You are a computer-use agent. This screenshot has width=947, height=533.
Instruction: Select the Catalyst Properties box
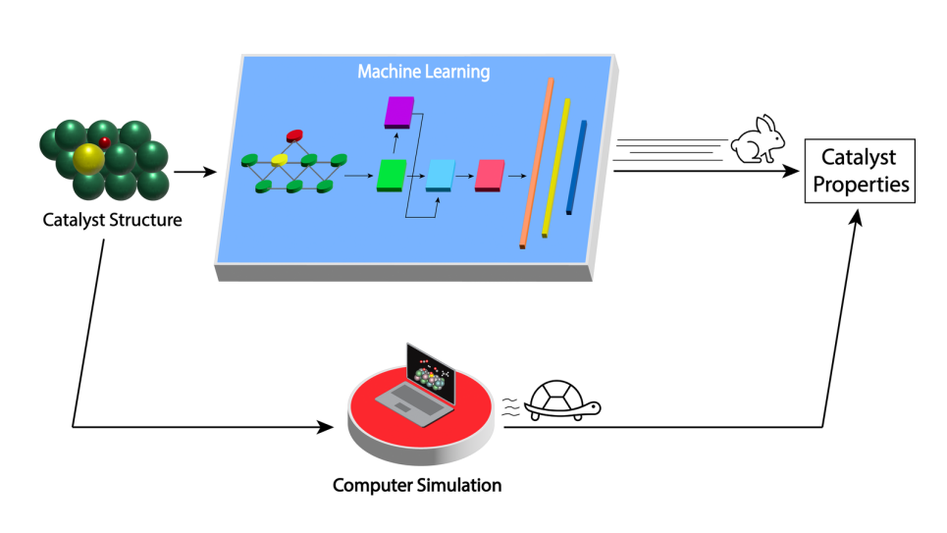859,171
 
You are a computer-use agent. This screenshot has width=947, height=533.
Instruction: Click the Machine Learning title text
423,72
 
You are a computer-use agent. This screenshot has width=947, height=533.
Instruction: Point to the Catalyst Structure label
112,220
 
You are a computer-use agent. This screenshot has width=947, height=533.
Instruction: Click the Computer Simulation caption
417,485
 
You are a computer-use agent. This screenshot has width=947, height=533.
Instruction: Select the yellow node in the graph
279,159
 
